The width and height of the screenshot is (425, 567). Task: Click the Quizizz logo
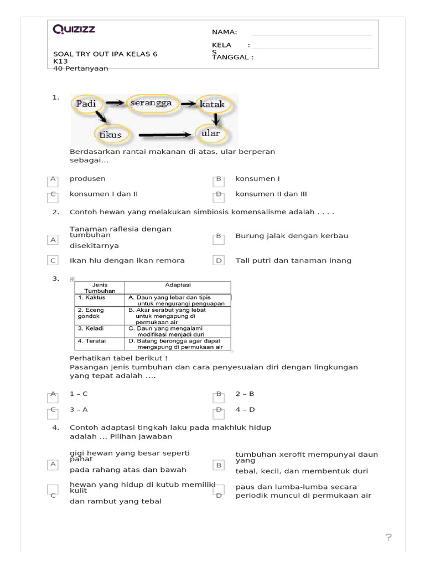[x=74, y=30]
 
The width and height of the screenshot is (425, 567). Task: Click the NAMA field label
[x=224, y=32]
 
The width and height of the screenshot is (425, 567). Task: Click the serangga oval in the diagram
[x=151, y=103]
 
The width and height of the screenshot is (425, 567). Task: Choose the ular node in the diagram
[x=211, y=133]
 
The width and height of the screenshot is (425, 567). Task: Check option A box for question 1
[x=53, y=180]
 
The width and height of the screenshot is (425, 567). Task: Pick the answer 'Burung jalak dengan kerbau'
[x=292, y=236]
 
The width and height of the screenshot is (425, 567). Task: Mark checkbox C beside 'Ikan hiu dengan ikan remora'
[x=53, y=260]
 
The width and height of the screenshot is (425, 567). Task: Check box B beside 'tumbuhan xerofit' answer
[x=219, y=465]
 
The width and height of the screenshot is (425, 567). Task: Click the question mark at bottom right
[x=388, y=538]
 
